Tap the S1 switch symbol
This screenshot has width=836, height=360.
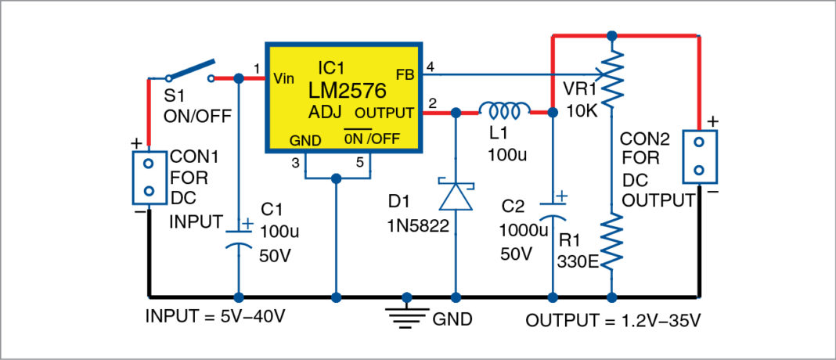pos(190,72)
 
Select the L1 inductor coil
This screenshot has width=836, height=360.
pos(505,109)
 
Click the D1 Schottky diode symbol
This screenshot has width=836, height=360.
pos(455,196)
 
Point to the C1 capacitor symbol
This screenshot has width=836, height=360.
pos(240,237)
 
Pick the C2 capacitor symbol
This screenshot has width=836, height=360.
pos(553,209)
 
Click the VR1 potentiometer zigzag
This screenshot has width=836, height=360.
pos(612,74)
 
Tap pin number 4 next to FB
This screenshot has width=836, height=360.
pos(429,65)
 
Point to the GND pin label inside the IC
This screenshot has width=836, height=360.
pos(305,140)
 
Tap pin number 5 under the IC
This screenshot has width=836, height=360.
pos(359,163)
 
